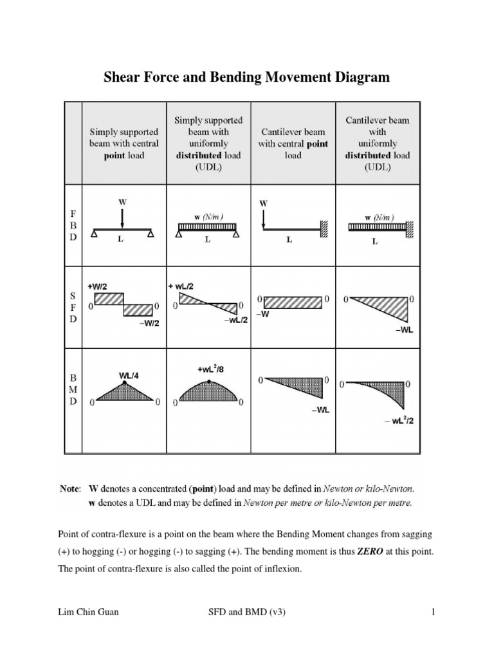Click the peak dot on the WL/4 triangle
[x=125, y=382]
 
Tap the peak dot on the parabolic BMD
[x=209, y=382]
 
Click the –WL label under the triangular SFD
[x=405, y=329]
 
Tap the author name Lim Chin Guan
[x=88, y=612]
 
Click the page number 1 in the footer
[x=434, y=612]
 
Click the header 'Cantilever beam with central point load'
[x=293, y=144]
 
